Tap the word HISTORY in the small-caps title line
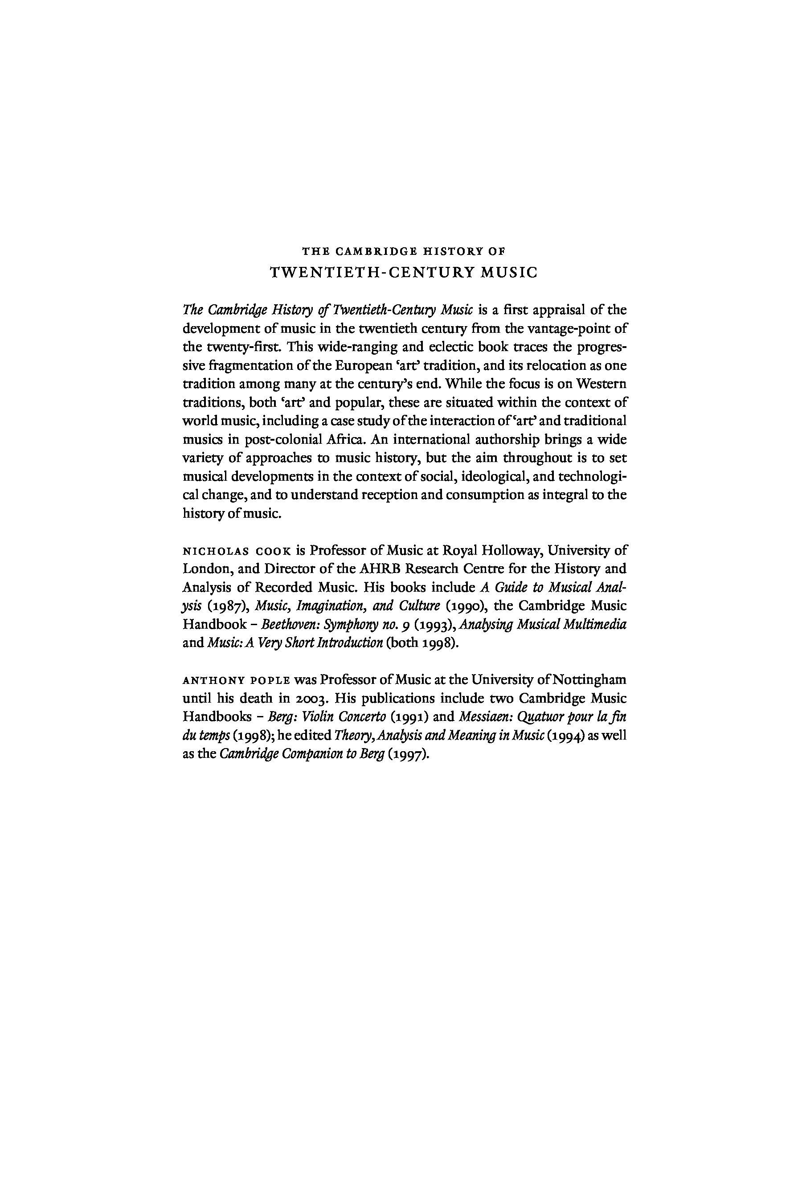(447, 251)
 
